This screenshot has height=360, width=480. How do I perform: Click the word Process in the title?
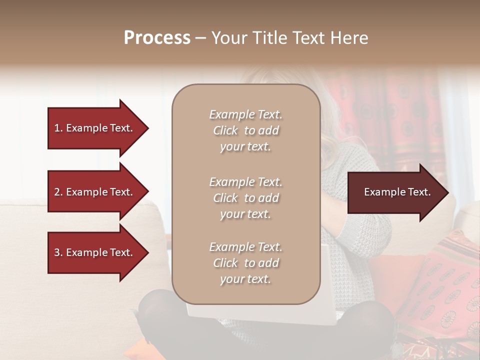point(157,37)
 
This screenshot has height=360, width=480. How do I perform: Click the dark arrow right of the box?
point(395,192)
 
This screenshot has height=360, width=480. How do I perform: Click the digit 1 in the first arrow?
point(57,128)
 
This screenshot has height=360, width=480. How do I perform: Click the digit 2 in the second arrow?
point(57,192)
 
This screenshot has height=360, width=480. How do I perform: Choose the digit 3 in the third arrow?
point(57,252)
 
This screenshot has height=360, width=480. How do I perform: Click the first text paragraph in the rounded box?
point(245,130)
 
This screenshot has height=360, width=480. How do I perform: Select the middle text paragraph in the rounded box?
point(245,198)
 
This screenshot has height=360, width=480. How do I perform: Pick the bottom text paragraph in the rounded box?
point(245,263)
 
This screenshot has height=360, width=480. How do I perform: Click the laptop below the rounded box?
point(260,315)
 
